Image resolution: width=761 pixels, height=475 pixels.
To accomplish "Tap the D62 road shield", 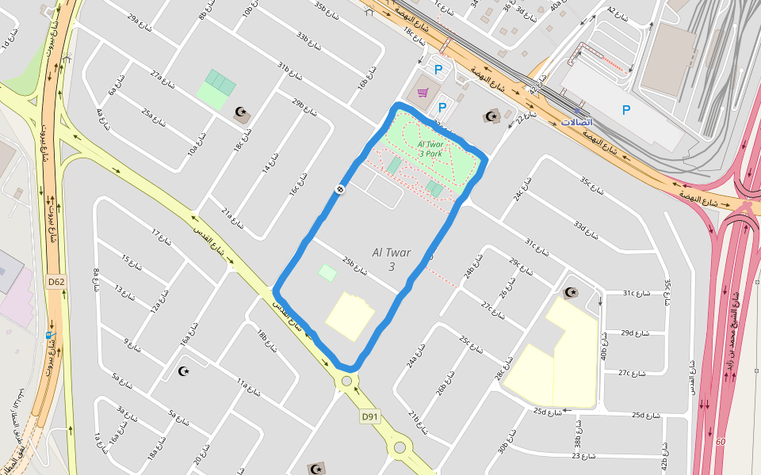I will pyautogui.click(x=55, y=281).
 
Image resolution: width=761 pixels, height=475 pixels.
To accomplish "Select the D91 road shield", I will pyautogui.click(x=369, y=416).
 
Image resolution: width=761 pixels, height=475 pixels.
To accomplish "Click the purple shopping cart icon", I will pyautogui.click(x=423, y=93).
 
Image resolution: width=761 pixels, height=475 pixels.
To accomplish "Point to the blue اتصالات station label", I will pyautogui.click(x=576, y=122).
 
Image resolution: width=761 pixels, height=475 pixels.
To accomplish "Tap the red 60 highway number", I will pyautogui.click(x=720, y=442).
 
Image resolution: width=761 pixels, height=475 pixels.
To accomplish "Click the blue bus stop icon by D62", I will pyautogui.click(x=49, y=334).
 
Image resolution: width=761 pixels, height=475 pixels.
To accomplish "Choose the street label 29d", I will pyautogui.click(x=635, y=333).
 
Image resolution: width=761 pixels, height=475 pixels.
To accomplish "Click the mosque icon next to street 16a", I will pyautogui.click(x=185, y=370).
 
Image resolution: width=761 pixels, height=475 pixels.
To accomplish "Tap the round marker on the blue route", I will pyautogui.click(x=339, y=189).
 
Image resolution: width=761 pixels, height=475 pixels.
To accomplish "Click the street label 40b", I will pyautogui.click(x=603, y=346).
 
